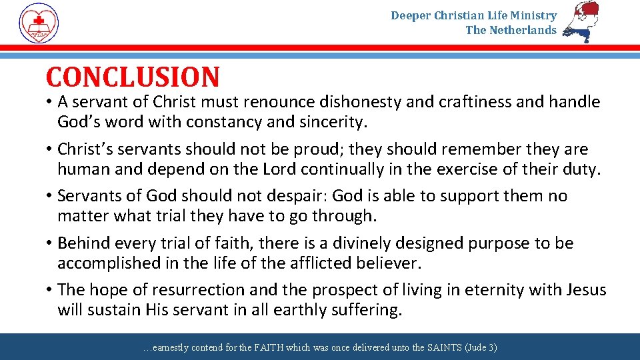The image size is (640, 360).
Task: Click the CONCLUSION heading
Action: click(x=132, y=77)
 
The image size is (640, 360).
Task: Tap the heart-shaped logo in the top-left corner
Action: click(x=39, y=22)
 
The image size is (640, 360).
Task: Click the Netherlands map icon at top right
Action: click(x=581, y=22)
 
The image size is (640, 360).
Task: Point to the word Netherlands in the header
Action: click(x=522, y=30)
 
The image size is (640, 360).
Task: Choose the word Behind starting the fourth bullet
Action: click(x=82, y=243)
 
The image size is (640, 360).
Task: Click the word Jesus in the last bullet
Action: click(x=585, y=290)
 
